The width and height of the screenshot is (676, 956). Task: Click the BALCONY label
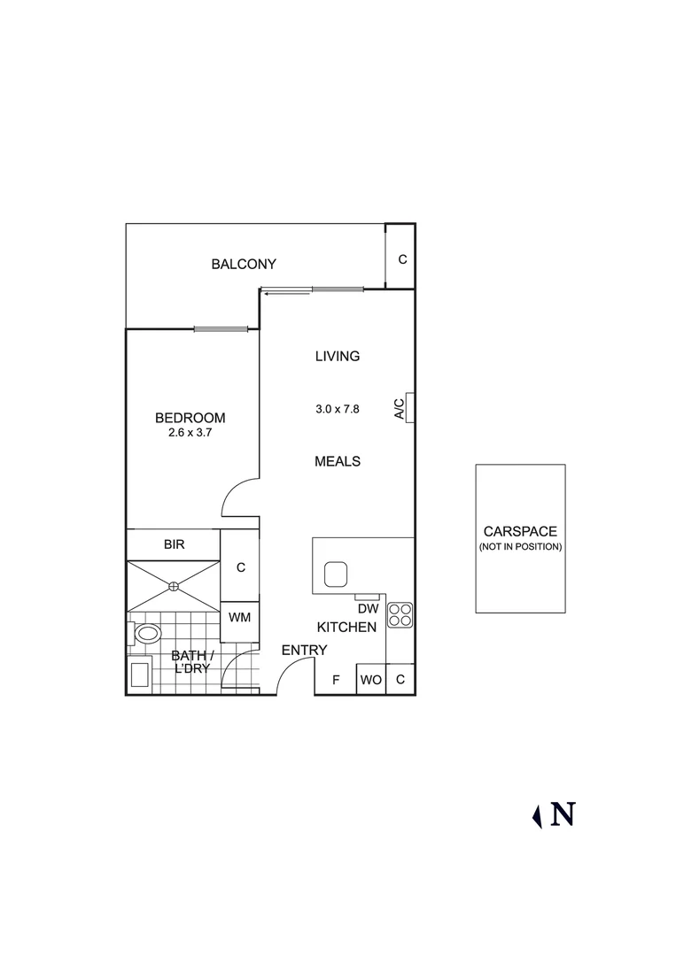coord(244,264)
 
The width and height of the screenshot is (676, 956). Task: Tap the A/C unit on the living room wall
coord(410,407)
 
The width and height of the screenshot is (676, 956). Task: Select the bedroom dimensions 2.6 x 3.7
coord(190,434)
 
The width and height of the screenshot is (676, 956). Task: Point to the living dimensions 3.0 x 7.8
coord(338,409)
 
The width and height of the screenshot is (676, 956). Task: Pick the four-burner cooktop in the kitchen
coord(400,614)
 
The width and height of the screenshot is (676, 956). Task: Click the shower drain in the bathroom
coord(174,585)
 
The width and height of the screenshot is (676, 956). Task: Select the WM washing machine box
coord(239,617)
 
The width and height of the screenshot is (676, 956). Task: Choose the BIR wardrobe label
coord(174,544)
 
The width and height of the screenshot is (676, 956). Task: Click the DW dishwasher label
coord(368,609)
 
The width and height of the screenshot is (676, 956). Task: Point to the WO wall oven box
coord(370,680)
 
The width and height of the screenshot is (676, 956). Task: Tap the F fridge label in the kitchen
coord(336,680)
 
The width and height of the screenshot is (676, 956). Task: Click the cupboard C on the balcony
coord(401,259)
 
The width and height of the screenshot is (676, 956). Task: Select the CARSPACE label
coord(520,532)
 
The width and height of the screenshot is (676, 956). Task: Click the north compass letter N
coord(563,814)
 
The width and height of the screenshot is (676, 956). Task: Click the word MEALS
coord(338,461)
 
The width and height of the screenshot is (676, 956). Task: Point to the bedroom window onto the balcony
coord(227,329)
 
